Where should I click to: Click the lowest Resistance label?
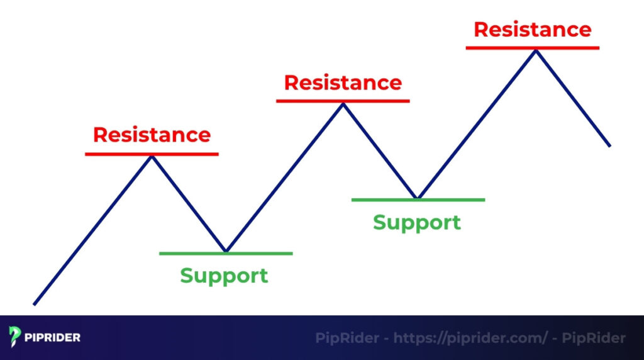pos(152,135)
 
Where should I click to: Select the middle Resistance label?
pos(343,82)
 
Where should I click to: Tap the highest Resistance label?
pos(532,30)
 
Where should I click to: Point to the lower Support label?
pos(224,276)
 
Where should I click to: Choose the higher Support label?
pos(416,222)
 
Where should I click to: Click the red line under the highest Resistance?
pos(532,47)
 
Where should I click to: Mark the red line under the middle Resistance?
pos(343,100)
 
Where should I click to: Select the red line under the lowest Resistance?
pos(152,154)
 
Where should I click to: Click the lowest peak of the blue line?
pos(152,156)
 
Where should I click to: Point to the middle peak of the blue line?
pos(343,104)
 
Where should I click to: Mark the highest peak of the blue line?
pos(535,50)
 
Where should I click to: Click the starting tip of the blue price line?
pos(35,304)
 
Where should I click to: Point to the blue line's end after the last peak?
pos(609,145)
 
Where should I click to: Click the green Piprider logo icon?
pos(16,337)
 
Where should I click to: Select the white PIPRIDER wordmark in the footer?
pos(53,338)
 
